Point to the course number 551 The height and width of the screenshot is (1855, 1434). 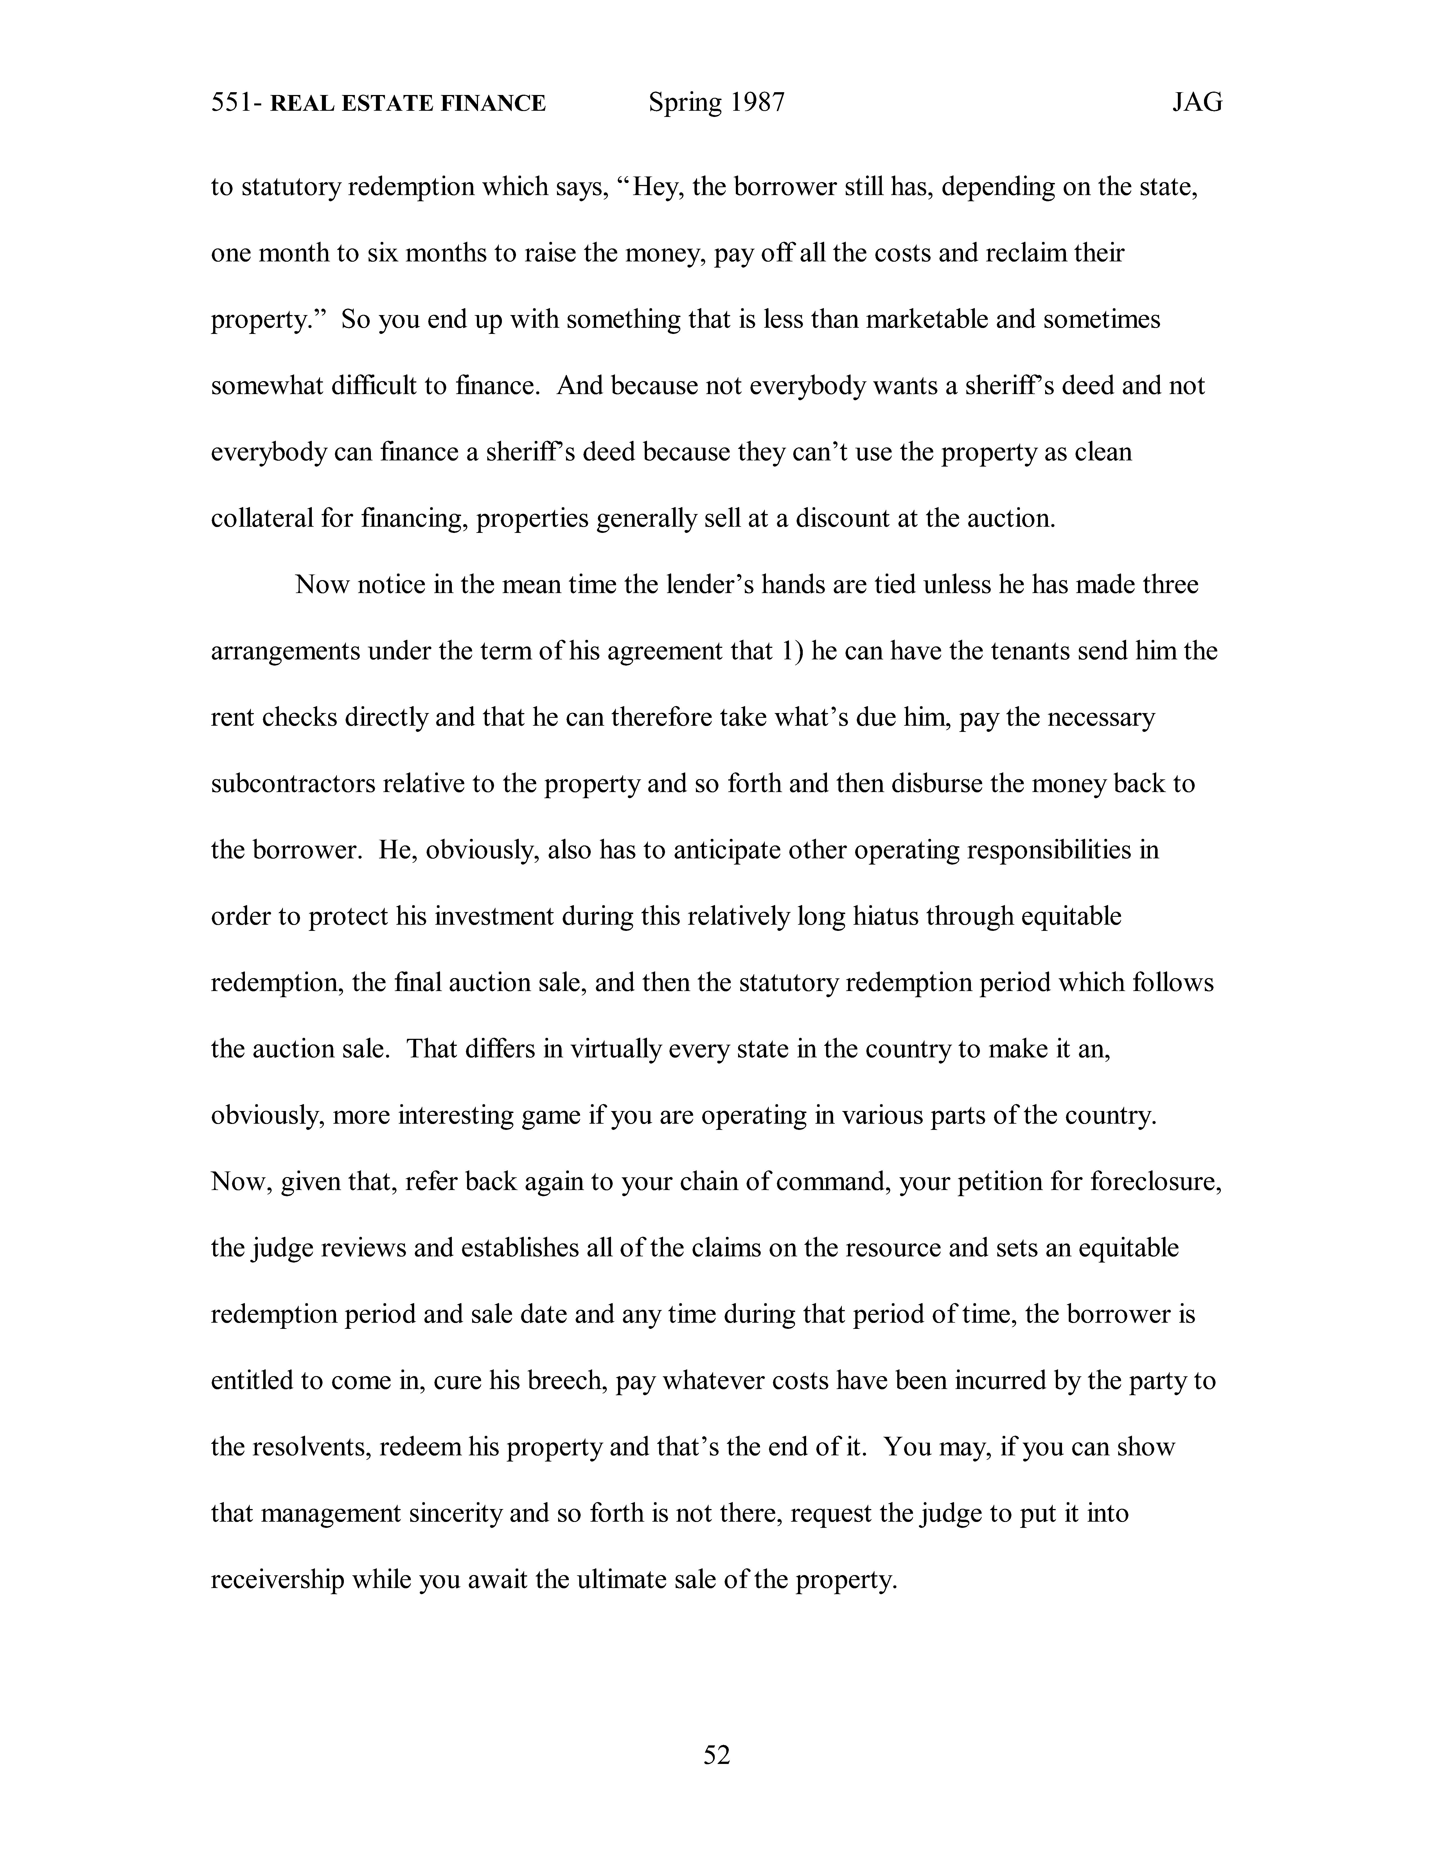coord(229,103)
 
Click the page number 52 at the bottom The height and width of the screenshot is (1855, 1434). coord(716,1755)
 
